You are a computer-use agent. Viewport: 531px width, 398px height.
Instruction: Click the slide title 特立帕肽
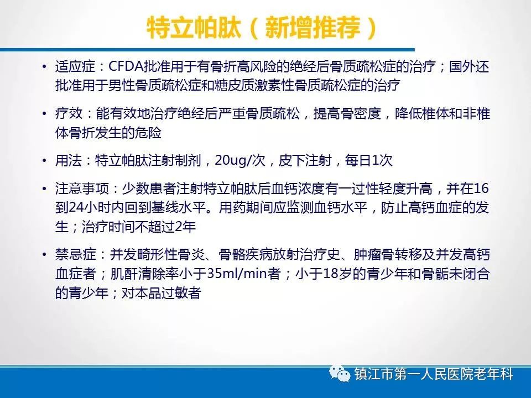(194, 27)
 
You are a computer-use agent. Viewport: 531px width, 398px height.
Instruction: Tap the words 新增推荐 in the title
(313, 27)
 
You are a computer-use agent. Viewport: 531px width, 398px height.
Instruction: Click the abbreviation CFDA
(126, 67)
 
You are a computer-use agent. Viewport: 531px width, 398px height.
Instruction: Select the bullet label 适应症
(76, 67)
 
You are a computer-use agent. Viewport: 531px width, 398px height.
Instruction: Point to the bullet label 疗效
(69, 114)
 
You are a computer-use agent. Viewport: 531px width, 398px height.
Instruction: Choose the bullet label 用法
(69, 160)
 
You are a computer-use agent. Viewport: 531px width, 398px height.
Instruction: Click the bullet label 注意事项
(82, 188)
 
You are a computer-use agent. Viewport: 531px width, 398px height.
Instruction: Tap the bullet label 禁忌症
(76, 254)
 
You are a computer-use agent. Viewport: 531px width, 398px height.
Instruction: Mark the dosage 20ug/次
(240, 160)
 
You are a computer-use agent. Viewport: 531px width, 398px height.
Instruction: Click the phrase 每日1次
(368, 160)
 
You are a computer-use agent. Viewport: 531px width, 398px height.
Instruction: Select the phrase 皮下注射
(305, 160)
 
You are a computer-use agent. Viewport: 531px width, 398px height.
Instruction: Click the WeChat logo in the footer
(340, 374)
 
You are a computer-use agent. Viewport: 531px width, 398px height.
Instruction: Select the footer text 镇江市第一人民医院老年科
(434, 374)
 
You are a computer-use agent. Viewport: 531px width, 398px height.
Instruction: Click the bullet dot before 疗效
(44, 114)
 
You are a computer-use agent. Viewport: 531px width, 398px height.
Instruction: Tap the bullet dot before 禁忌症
(44, 254)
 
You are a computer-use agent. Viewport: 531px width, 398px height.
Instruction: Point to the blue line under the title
(207, 50)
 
